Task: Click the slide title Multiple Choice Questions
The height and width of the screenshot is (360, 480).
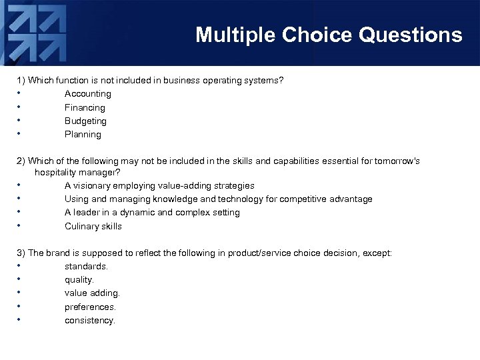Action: pos(329,35)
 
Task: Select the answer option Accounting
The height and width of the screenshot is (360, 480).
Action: pos(87,94)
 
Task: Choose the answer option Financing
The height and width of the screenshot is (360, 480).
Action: pos(85,107)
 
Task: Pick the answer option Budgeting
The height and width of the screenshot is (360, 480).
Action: pos(85,121)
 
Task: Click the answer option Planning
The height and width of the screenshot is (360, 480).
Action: pos(83,134)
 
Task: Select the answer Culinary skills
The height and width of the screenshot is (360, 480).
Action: pos(93,226)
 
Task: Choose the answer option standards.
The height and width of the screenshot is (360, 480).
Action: pos(86,266)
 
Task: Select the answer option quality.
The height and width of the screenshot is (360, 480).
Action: pos(79,280)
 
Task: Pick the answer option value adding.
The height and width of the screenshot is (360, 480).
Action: pos(92,293)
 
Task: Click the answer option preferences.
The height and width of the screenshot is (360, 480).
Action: pos(90,307)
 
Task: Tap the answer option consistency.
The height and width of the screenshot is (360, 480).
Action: pos(90,321)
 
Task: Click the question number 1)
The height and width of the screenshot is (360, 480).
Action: pos(21,81)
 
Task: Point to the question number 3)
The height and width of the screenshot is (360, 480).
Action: pos(21,253)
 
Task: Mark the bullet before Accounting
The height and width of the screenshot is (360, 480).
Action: pos(20,93)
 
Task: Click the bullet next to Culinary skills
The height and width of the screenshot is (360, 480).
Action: pos(20,225)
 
